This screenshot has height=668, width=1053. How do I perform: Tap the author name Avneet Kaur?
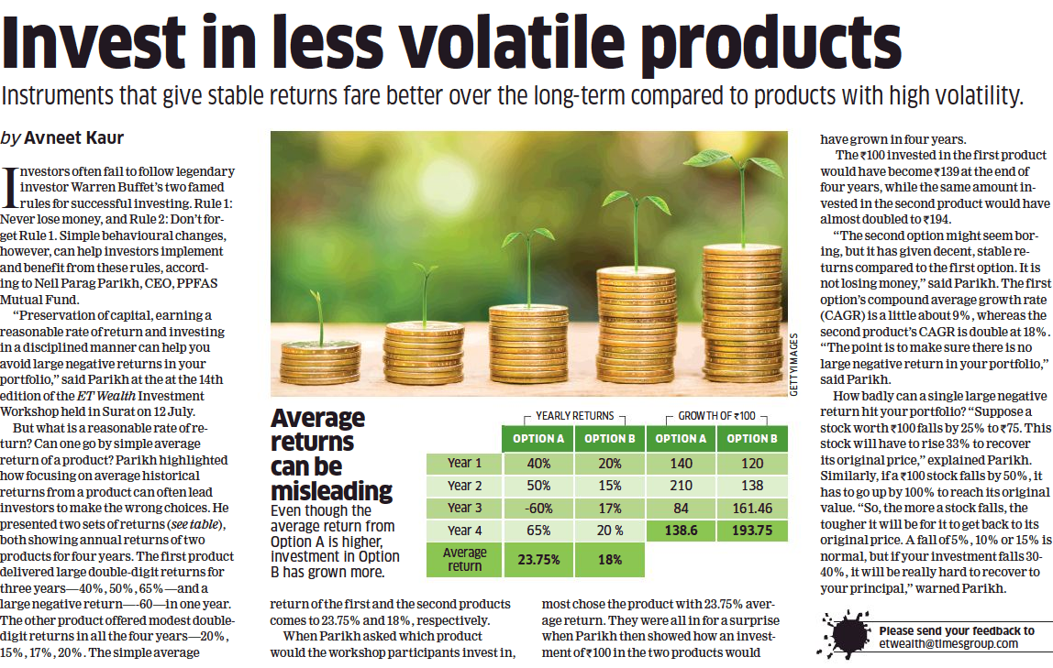pos(72,137)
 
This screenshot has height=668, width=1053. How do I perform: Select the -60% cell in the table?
pos(538,508)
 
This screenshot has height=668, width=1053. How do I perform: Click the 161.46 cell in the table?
pos(752,508)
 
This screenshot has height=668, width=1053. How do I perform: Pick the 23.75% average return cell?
pos(538,559)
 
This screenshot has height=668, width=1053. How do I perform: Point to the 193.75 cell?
pos(752,531)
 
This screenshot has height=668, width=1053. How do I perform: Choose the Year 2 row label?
pos(465,485)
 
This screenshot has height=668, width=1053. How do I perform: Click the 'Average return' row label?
pos(465,559)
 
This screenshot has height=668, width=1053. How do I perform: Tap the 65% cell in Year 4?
pos(538,531)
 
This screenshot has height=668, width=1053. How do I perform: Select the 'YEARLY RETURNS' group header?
pos(574,415)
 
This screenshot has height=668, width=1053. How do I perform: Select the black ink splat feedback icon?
pos(844,632)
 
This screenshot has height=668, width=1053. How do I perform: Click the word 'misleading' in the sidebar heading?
pos(332,489)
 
